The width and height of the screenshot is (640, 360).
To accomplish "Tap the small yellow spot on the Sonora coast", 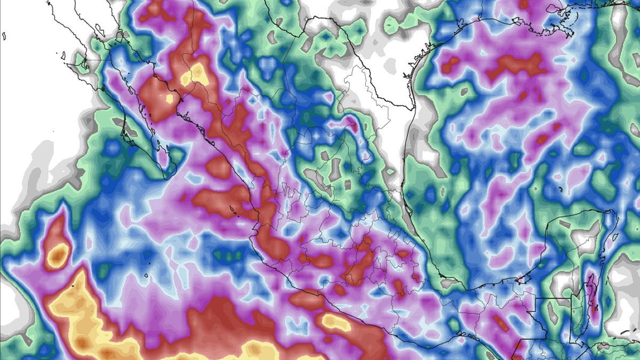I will click(x=170, y=98).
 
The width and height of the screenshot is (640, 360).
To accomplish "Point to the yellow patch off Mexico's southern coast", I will click(x=334, y=322).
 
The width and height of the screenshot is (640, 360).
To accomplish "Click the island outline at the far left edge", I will click(x=4, y=36).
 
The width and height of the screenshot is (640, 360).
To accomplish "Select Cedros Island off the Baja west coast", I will click(x=63, y=55).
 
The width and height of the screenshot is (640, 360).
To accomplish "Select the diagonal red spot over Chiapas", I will click(x=500, y=322).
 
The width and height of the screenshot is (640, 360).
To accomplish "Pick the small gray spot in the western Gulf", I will click(x=463, y=91).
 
